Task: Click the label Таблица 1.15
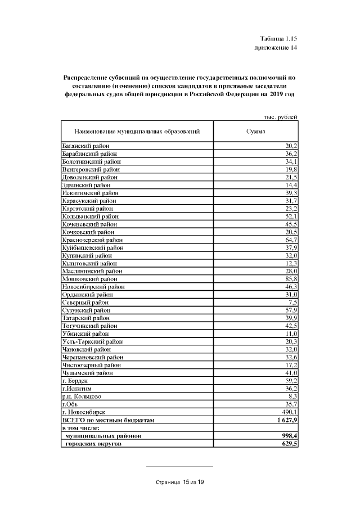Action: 278,39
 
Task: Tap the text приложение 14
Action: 276,48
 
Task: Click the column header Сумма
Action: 256,131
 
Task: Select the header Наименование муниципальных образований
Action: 137,131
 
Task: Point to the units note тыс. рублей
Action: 280,116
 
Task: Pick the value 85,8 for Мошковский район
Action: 290,278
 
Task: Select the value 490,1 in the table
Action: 289,412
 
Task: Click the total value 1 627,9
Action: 286,420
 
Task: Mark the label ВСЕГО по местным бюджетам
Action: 107,420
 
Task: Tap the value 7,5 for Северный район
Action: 292,302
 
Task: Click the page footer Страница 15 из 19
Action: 179,482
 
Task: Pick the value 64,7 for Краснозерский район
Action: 290,240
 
